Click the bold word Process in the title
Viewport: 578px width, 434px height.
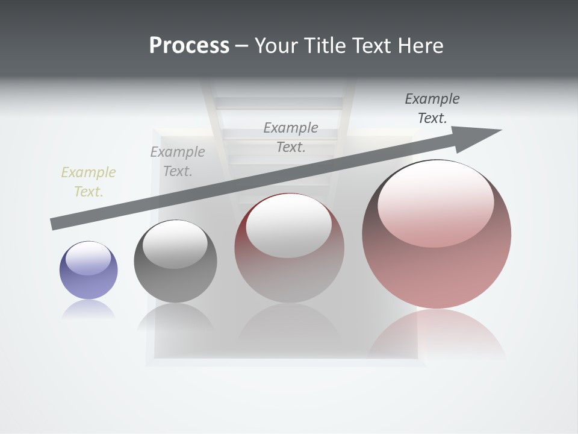tap(189, 46)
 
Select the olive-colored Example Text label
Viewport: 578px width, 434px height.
tap(89, 181)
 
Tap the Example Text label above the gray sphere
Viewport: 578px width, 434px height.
tap(178, 161)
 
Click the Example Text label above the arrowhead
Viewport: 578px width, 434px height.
tap(432, 108)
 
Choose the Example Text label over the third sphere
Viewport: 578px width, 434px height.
tap(291, 137)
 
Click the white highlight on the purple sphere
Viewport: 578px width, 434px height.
tap(89, 258)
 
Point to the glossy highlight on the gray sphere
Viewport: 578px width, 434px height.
tap(175, 244)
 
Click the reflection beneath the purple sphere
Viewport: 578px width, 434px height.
tap(89, 309)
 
